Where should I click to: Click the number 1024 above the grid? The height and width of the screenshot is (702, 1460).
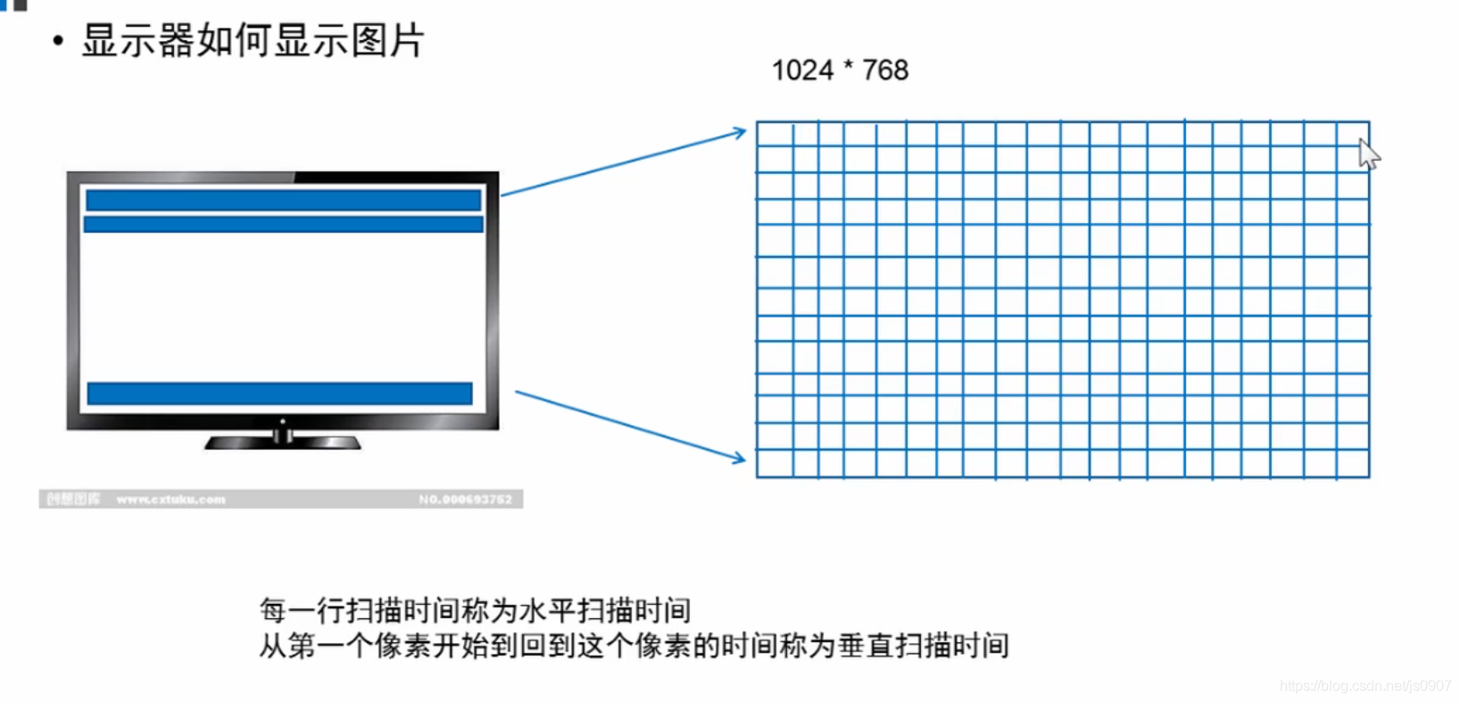click(801, 70)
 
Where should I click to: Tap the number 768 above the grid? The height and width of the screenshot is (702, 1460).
click(885, 70)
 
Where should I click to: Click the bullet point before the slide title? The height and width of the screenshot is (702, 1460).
click(58, 41)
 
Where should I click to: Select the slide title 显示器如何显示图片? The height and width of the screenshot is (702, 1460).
click(253, 41)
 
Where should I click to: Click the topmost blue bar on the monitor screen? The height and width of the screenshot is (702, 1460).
click(283, 200)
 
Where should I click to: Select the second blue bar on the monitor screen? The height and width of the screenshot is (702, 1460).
click(283, 224)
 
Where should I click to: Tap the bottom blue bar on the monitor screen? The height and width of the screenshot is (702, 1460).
click(279, 393)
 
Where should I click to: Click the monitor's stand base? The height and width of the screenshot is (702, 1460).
click(282, 442)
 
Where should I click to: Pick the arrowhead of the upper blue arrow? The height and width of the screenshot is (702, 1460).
click(740, 133)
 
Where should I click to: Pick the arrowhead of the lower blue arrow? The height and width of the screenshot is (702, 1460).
click(739, 459)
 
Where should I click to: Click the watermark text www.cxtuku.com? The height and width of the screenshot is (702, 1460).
click(170, 500)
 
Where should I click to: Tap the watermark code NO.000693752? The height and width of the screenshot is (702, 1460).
click(465, 500)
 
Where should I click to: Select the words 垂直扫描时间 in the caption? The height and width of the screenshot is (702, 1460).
click(923, 646)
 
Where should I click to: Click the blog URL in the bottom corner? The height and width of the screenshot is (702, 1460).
click(1365, 686)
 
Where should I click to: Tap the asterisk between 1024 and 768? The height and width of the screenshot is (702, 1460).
click(848, 67)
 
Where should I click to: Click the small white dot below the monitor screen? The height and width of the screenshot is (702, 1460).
click(283, 421)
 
